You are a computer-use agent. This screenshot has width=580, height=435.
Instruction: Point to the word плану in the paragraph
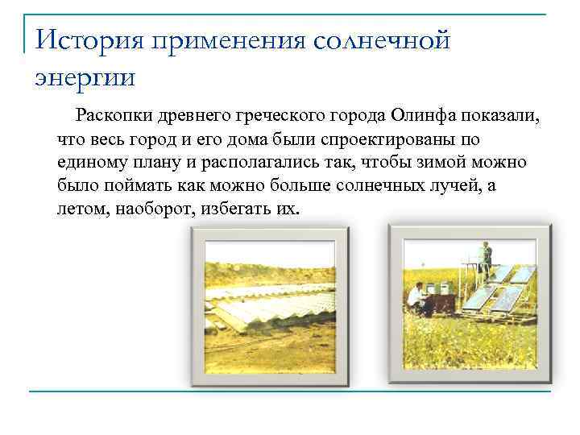pos(155,163)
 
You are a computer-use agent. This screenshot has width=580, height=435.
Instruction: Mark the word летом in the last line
pos(81,209)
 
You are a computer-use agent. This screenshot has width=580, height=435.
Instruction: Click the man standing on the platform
pos(485,257)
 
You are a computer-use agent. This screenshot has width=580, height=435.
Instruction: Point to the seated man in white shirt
pos(416,297)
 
